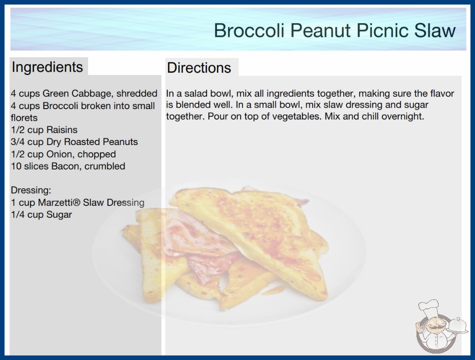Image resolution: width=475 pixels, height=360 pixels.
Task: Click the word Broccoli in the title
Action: (x=249, y=30)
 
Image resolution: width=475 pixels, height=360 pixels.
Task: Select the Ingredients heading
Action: (x=47, y=67)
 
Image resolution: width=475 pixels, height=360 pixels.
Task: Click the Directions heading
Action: (x=199, y=68)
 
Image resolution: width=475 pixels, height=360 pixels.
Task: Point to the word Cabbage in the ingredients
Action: (x=92, y=94)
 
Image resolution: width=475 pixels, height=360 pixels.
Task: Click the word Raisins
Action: (x=62, y=130)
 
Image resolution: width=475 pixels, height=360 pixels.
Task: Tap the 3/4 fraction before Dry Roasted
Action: (x=18, y=142)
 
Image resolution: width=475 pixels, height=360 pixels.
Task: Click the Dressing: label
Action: (x=31, y=190)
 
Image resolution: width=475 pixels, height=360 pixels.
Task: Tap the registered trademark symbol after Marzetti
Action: (x=78, y=202)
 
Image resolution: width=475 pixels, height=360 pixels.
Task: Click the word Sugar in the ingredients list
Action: (x=59, y=215)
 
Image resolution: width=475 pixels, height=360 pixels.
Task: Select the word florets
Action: (x=24, y=118)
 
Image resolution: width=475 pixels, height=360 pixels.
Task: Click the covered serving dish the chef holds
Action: (x=457, y=326)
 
